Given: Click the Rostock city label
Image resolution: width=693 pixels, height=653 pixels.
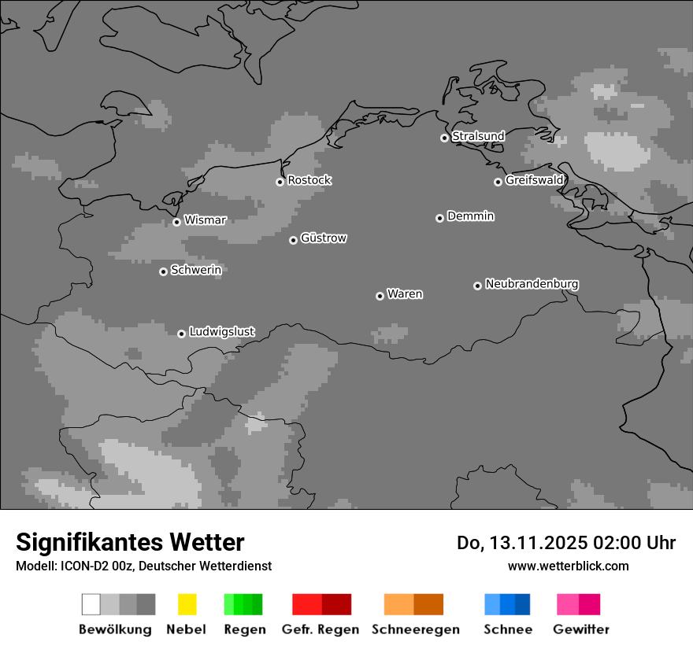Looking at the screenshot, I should [309, 180].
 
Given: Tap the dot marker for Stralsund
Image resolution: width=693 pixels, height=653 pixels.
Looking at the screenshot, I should [444, 138].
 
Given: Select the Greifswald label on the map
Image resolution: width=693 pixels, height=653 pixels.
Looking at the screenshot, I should [534, 180].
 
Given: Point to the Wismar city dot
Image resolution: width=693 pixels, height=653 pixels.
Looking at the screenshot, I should [176, 222].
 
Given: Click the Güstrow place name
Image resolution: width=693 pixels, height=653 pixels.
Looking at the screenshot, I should [323, 238].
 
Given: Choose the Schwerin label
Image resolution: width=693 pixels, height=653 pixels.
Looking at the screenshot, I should [196, 270].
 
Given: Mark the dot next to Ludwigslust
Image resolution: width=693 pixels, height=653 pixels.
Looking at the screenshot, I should [181, 334].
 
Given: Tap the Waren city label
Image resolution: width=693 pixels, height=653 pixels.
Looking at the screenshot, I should [405, 294].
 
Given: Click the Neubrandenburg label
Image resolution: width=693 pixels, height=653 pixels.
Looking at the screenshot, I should [532, 284].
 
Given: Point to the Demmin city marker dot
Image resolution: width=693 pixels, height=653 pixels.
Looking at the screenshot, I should [439, 218].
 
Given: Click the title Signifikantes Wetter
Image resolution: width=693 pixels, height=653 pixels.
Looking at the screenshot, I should [130, 542].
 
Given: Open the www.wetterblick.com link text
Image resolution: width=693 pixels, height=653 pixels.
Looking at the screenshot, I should [568, 566].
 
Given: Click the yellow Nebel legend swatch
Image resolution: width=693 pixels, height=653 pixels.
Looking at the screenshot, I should [187, 604].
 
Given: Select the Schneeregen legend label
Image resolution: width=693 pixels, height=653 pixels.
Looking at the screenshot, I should [415, 629].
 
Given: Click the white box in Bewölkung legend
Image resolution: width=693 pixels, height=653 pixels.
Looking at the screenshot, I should [91, 604].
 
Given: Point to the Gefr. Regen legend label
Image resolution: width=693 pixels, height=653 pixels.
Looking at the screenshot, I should [320, 629].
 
